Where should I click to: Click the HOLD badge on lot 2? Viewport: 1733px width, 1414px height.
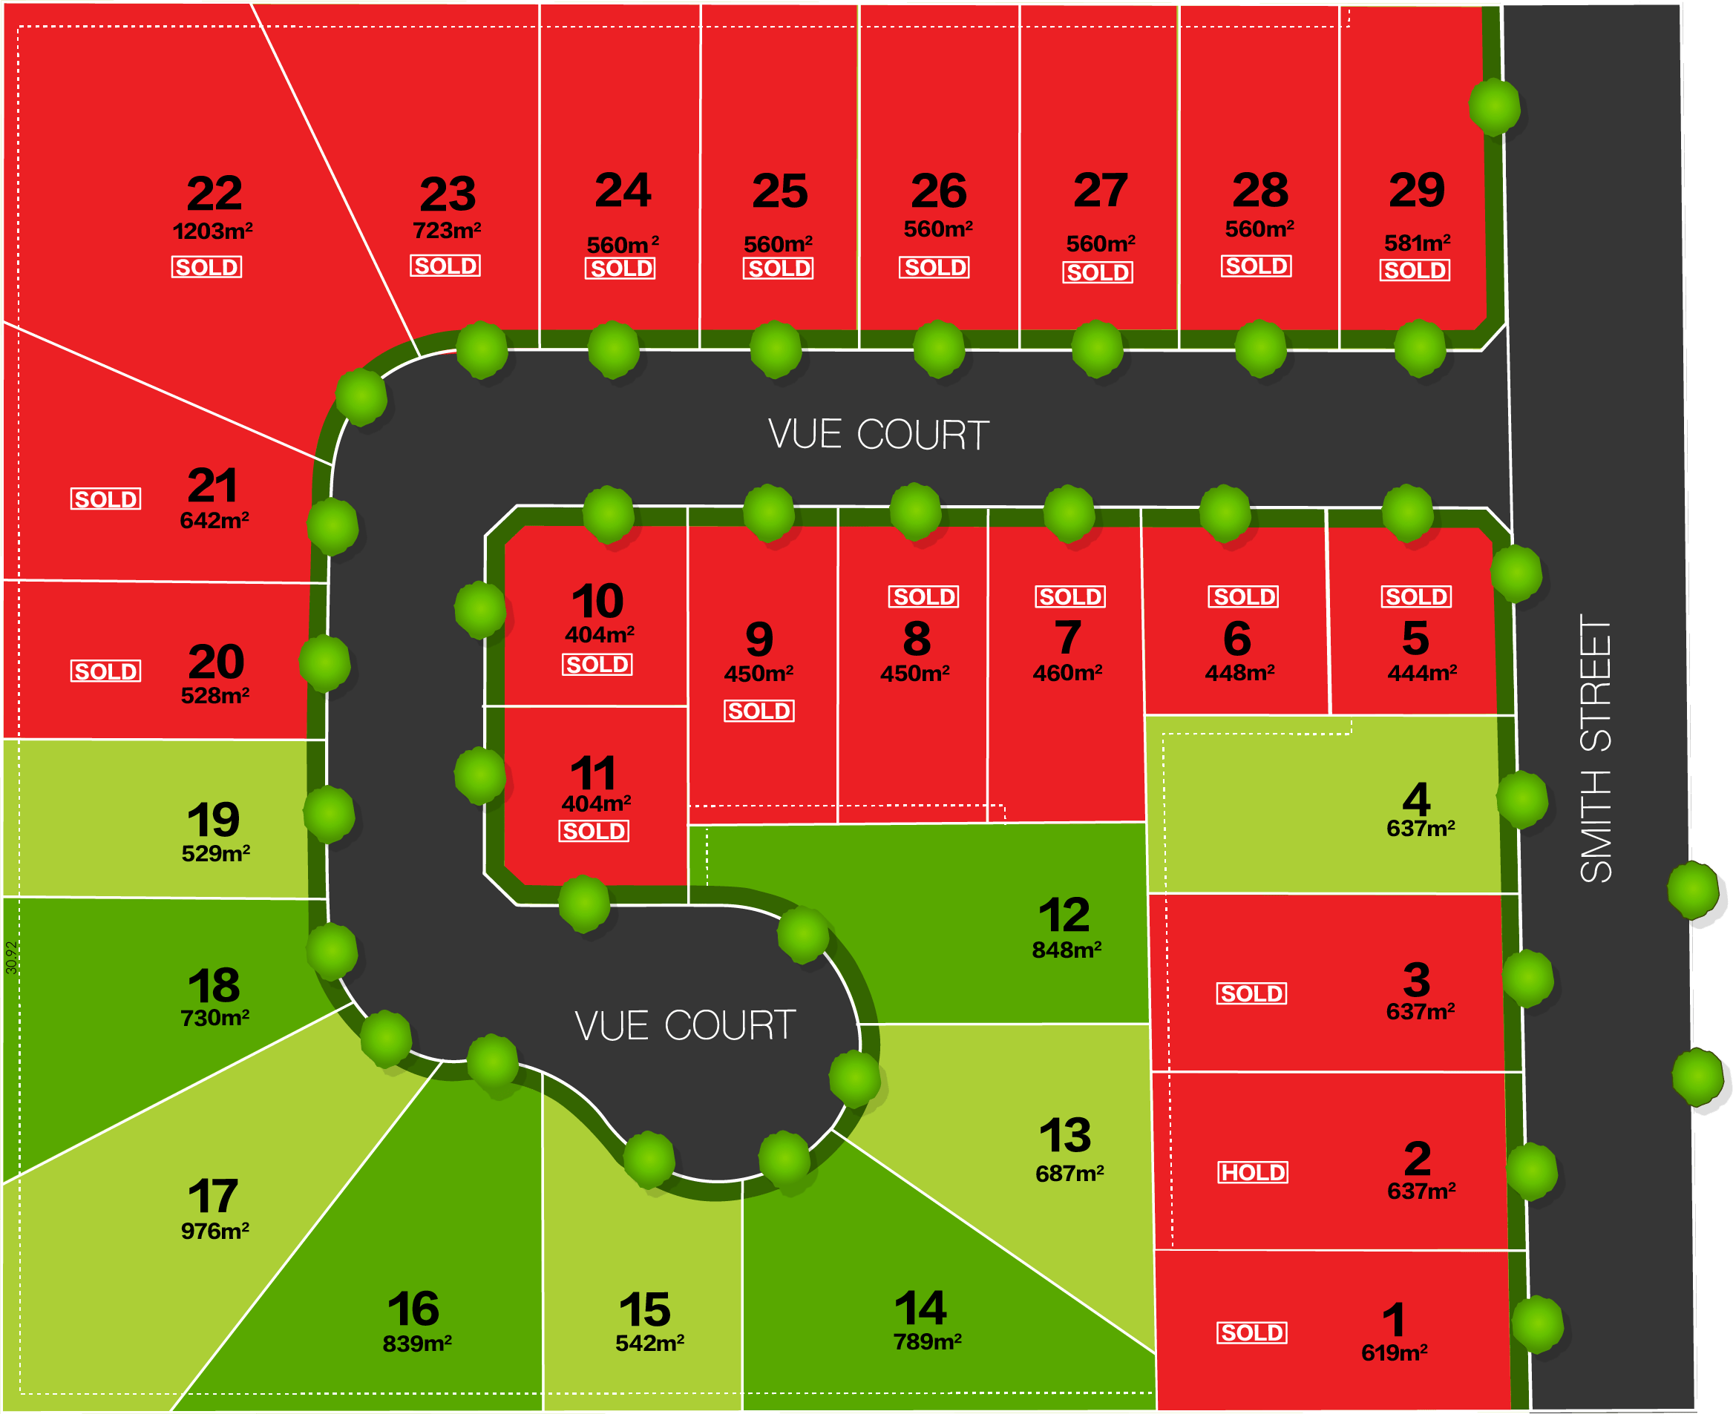point(1253,1172)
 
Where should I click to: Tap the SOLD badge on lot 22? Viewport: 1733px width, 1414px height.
point(206,267)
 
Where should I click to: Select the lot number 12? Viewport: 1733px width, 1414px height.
point(1064,915)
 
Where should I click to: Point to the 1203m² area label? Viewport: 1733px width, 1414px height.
point(213,231)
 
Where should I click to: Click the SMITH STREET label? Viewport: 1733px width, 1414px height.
point(1595,748)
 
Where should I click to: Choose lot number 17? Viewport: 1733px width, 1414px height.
point(214,1196)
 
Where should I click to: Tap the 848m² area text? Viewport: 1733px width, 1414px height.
point(1067,950)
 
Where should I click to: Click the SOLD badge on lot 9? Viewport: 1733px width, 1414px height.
point(759,711)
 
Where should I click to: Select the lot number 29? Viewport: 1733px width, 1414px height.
point(1417,190)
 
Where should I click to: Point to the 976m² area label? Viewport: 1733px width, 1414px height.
point(215,1231)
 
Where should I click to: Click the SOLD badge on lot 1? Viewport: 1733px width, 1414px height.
point(1252,1332)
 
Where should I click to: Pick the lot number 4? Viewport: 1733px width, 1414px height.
point(1417,799)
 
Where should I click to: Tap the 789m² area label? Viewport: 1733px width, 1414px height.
point(927,1341)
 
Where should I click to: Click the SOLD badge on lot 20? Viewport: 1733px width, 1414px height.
point(106,671)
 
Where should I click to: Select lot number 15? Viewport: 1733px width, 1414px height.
point(644,1309)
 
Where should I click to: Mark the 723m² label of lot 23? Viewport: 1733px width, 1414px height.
point(447,231)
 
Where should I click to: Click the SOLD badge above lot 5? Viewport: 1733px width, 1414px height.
point(1416,597)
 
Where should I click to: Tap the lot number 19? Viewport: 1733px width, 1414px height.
point(214,820)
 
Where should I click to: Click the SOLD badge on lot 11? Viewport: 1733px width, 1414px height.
point(594,832)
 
